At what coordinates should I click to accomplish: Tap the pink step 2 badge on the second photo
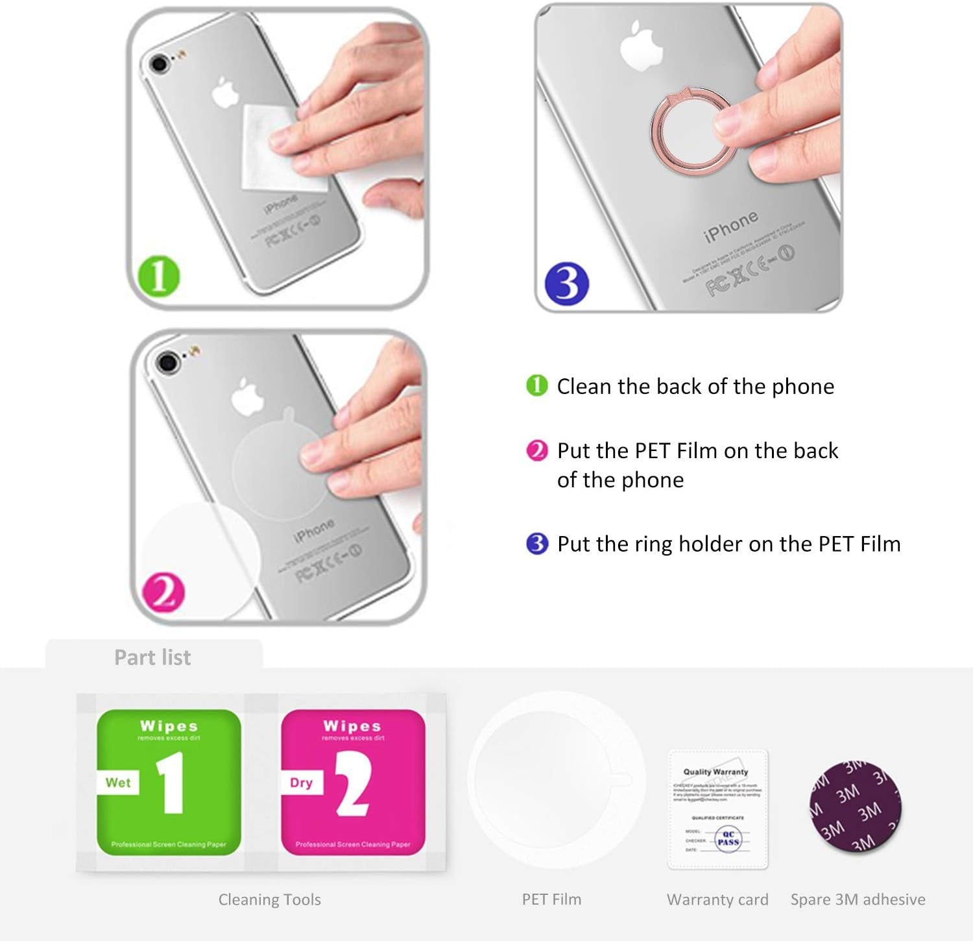[163, 591]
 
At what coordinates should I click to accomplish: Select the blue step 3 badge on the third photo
[567, 284]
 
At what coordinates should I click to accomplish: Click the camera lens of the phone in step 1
[159, 64]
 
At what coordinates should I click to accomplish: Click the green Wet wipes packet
[169, 782]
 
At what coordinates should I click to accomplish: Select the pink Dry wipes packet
[353, 782]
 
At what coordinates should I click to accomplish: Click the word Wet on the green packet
[118, 783]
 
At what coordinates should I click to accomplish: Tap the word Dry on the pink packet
[301, 783]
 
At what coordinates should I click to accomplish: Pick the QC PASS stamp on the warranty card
[728, 838]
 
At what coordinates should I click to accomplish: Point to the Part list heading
[152, 657]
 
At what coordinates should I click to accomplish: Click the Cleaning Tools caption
[269, 899]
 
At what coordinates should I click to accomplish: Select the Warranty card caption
[717, 899]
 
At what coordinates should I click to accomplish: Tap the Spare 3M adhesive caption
[858, 899]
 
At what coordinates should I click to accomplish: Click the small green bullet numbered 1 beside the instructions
[536, 385]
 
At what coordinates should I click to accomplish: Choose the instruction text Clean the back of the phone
[695, 386]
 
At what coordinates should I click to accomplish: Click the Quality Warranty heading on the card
[715, 772]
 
